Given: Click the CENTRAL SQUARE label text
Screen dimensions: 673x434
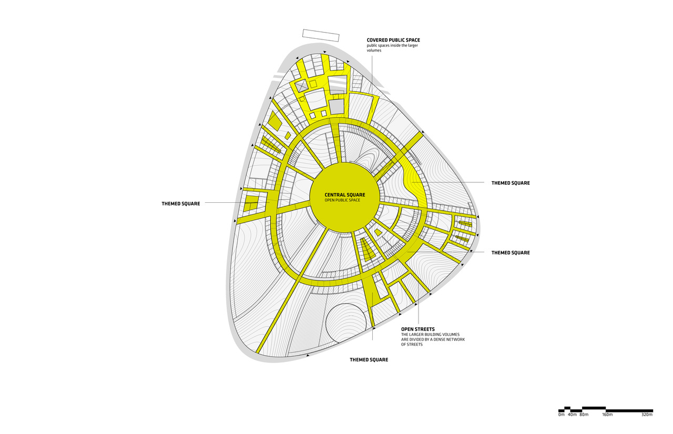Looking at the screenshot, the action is tap(344, 195).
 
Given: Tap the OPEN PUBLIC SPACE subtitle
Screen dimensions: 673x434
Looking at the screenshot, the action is tap(342, 200).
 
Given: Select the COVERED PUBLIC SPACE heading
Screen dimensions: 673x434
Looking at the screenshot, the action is tap(393, 40).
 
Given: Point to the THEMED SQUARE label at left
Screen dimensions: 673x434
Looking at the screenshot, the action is tap(181, 204).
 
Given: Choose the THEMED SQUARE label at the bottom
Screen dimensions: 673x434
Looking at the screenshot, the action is tap(369, 359).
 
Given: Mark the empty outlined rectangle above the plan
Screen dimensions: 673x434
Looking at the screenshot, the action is tap(321, 35).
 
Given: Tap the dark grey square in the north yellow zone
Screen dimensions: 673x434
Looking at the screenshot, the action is tap(336, 107).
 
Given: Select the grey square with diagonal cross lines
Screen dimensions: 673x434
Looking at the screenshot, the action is tap(301, 85).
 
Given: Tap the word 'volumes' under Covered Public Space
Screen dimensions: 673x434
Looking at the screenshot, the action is tap(374, 50).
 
